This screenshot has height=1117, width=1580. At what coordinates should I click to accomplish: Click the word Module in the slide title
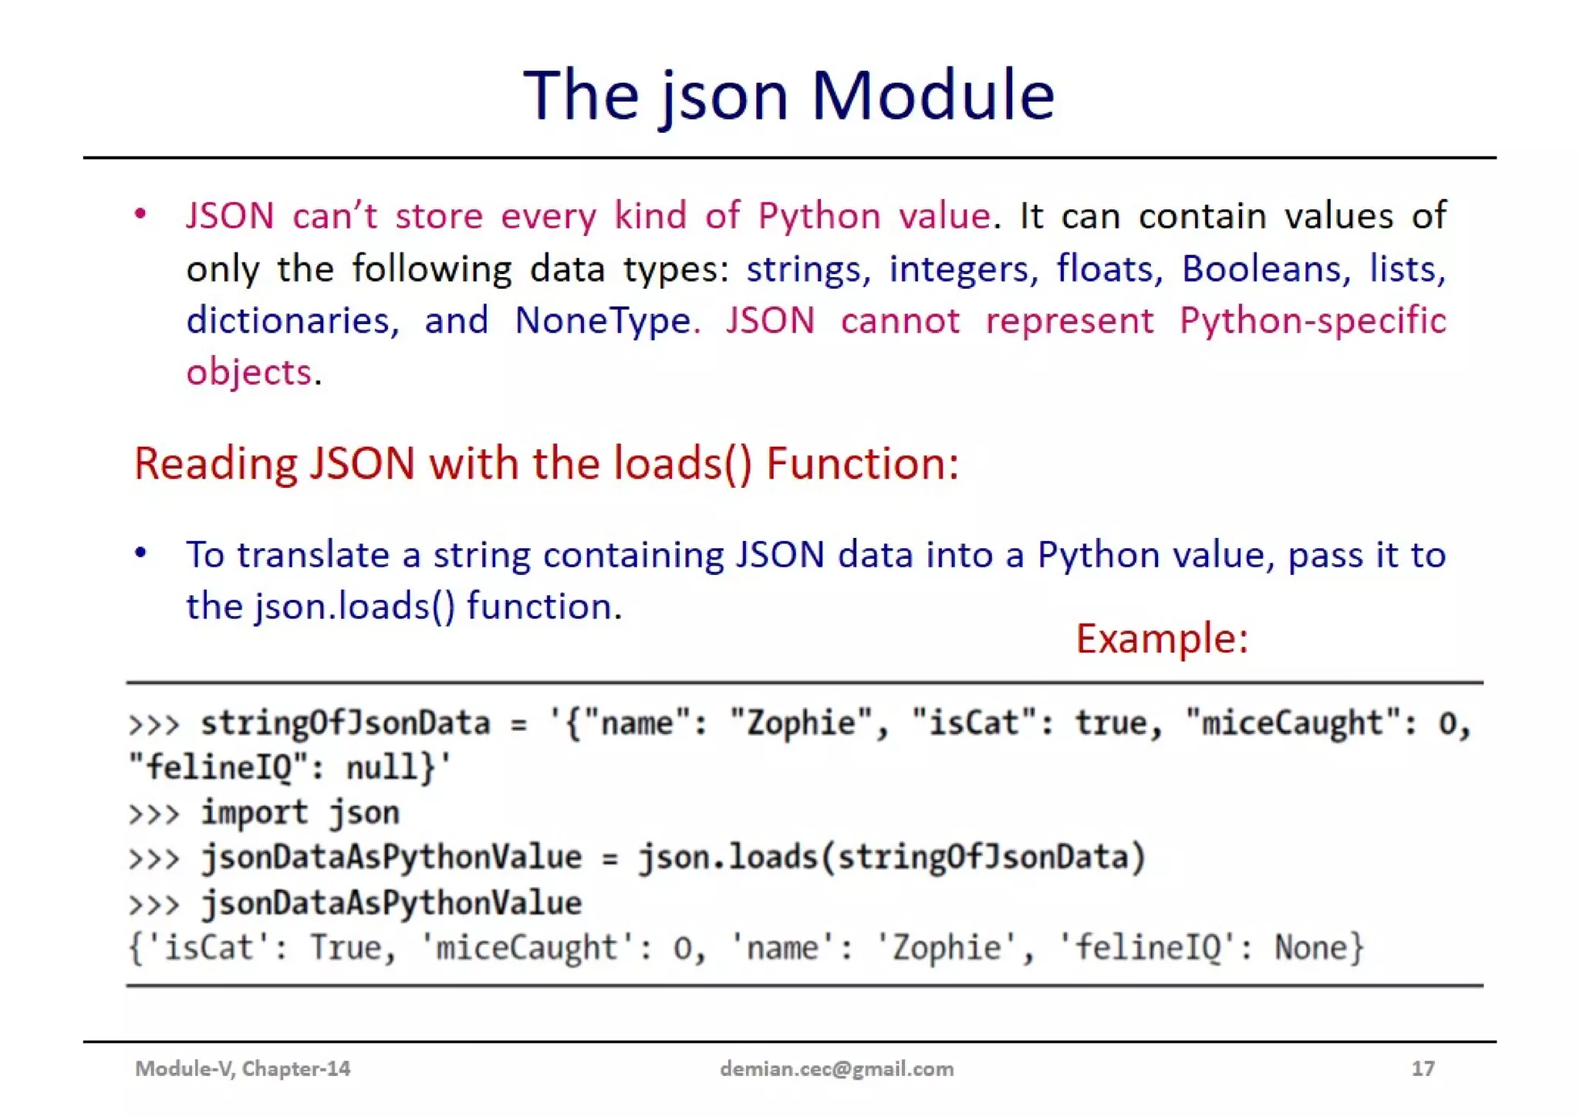[x=933, y=95]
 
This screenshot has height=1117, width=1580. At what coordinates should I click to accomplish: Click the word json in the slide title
[x=724, y=96]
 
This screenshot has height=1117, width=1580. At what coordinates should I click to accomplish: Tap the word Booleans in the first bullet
[x=1266, y=269]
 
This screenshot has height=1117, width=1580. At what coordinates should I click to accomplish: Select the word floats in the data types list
[x=1109, y=269]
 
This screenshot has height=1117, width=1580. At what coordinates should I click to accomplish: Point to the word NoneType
[x=603, y=320]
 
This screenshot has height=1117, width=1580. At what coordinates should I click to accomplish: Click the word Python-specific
[x=1312, y=320]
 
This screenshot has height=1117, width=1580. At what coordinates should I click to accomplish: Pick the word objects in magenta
[x=248, y=372]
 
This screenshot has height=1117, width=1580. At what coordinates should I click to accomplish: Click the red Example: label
[x=1161, y=638]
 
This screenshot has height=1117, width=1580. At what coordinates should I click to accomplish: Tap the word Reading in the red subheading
[x=215, y=463]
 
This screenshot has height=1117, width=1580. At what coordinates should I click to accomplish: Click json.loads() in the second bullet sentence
[x=356, y=606]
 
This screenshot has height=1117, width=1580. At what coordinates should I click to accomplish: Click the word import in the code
[x=255, y=812]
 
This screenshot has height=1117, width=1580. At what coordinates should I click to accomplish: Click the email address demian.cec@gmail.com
[x=836, y=1068]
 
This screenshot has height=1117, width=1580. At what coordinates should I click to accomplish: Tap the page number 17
[x=1423, y=1068]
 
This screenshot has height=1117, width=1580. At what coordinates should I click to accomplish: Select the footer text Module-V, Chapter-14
[x=242, y=1068]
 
